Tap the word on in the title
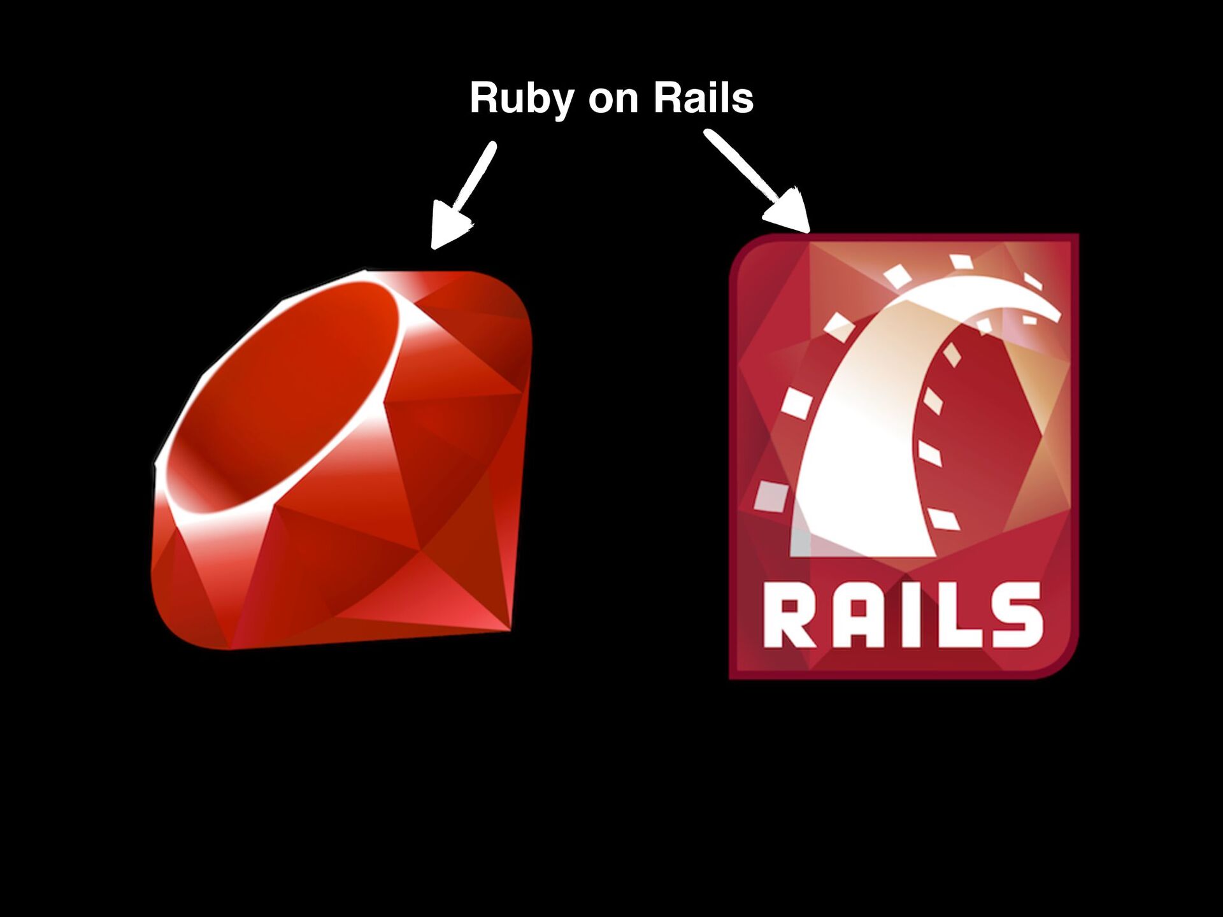pyautogui.click(x=613, y=99)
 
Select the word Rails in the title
pyautogui.click(x=703, y=98)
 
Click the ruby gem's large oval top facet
pyautogui.click(x=287, y=395)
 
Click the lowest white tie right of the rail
pyautogui.click(x=943, y=519)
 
